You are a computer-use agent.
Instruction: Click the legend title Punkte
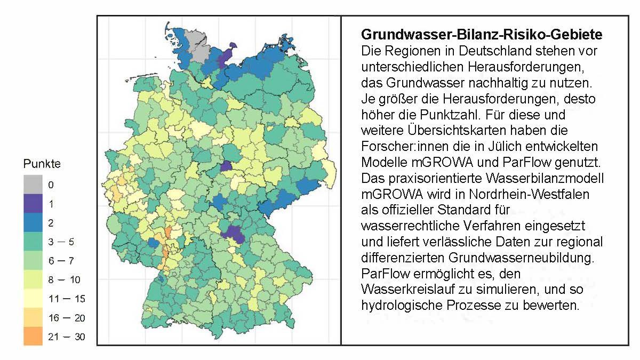click(42, 164)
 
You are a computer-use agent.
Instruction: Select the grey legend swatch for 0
click(34, 185)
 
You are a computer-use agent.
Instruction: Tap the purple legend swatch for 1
click(34, 204)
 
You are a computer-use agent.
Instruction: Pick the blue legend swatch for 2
click(34, 222)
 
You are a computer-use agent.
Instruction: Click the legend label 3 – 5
click(61, 242)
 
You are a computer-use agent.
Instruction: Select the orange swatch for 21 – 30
click(34, 337)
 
